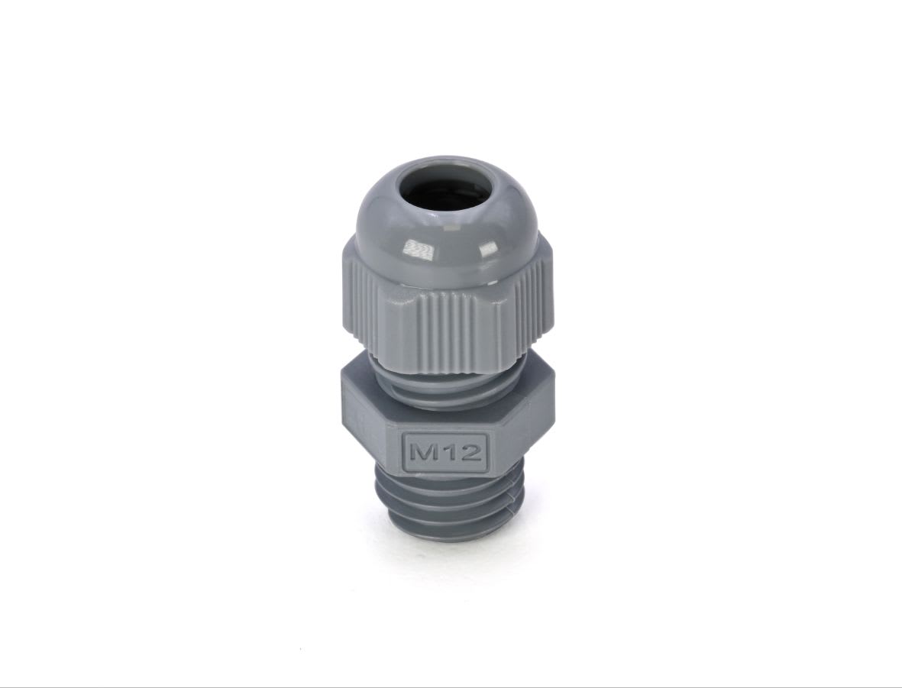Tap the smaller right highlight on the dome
point(489,248)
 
